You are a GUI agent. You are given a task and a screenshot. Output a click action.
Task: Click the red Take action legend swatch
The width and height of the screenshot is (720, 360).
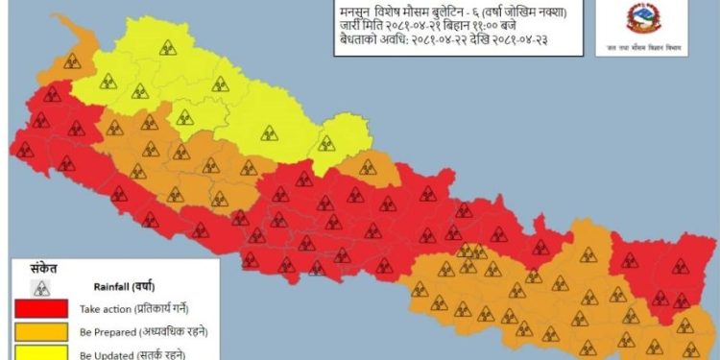40,308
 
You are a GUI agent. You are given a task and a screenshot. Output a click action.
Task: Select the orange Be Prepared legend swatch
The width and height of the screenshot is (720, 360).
40,331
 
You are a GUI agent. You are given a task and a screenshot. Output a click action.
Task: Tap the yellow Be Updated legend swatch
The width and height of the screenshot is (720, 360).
40,352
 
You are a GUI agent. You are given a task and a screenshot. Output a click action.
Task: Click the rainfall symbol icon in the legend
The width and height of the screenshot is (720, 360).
40,287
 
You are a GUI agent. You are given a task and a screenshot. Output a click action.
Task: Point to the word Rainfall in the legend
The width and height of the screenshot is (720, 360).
111,286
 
